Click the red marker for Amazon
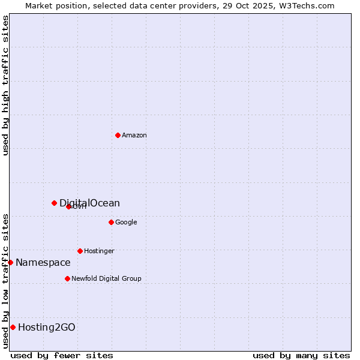coord(118,135)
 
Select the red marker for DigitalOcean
coord(54,203)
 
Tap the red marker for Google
coord(111,222)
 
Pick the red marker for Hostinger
coord(80,251)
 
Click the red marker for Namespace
coord(10,262)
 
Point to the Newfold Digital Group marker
coord(67,278)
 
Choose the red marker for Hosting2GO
coord(13,327)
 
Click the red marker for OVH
coord(68,206)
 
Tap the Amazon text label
coord(134,135)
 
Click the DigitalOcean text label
coord(89,203)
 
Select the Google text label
coord(126,222)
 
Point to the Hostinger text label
coord(99,251)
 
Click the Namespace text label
coord(43,262)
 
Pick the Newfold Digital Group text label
coord(106,278)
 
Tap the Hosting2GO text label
coord(47,327)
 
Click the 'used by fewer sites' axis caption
coord(62,355)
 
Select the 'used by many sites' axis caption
coord(301,355)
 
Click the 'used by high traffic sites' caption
coord(5,85)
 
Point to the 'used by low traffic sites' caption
coord(5,280)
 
